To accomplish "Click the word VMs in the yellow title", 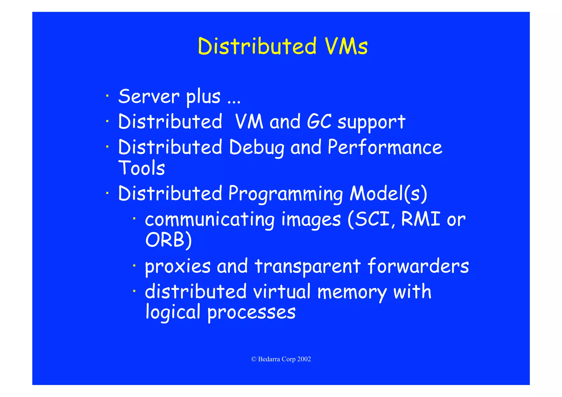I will (x=346, y=46).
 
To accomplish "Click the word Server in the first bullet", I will (x=149, y=97).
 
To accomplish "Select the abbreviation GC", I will (x=319, y=122).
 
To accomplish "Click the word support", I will (x=371, y=123).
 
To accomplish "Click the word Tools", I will (x=141, y=168).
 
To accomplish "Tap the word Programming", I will (x=286, y=194).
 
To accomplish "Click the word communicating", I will (x=210, y=220).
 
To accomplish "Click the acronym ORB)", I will (x=168, y=240).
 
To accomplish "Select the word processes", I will (x=251, y=312).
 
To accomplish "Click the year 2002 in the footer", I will (x=304, y=359).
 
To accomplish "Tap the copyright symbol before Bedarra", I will (x=254, y=359).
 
